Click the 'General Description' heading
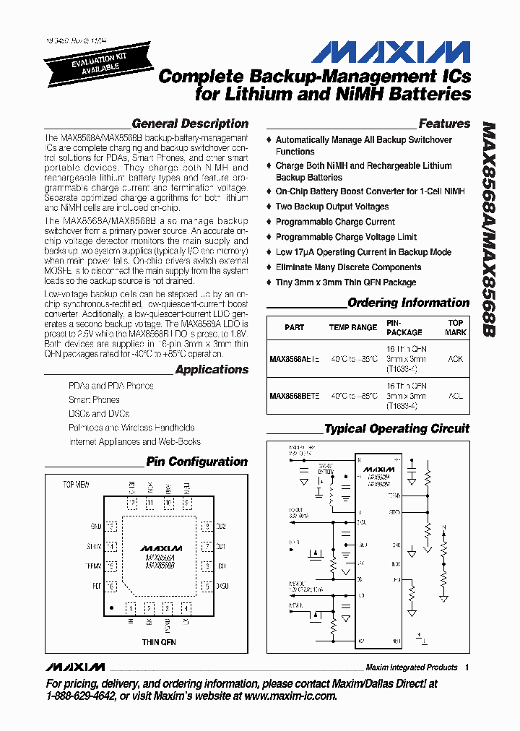(190, 124)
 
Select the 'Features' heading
(444, 124)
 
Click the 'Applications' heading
(212, 370)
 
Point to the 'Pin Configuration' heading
(196, 462)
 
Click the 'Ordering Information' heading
(408, 303)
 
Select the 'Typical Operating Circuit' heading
(396, 429)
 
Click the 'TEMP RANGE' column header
(353, 327)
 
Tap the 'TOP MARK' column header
(456, 327)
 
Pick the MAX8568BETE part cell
(294, 396)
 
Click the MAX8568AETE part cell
(294, 358)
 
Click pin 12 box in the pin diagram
(132, 503)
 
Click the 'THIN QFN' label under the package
(159, 641)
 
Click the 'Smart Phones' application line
(94, 399)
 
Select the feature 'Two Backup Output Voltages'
(332, 207)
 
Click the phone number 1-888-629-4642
(80, 696)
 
